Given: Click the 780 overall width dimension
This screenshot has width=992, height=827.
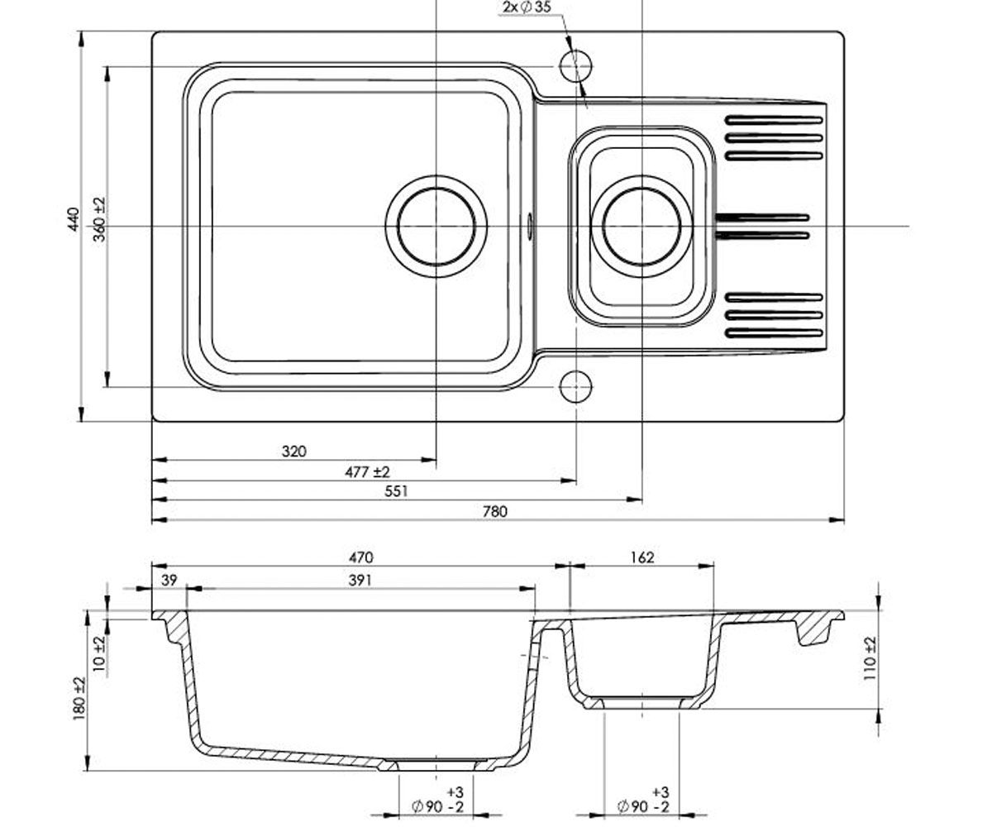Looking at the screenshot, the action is (494, 511).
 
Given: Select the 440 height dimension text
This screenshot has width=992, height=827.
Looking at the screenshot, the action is (74, 219).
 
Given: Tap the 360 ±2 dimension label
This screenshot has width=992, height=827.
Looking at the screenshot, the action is (99, 219).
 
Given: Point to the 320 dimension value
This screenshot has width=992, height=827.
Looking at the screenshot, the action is (294, 451).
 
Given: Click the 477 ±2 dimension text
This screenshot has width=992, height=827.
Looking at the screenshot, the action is (367, 472).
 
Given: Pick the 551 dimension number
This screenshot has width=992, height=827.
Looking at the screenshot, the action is (396, 491).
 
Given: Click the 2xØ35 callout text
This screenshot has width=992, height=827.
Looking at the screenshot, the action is (527, 7).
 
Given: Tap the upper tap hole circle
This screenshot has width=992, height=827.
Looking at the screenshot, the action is (576, 66).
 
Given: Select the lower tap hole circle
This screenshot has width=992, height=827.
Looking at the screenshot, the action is (576, 387).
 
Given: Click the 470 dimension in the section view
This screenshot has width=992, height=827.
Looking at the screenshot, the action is (361, 557).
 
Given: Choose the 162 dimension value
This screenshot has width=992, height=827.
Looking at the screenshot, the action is (642, 557).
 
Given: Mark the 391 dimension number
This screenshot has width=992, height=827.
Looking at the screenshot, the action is (360, 581).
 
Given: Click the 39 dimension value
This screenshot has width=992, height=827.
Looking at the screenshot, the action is (169, 581).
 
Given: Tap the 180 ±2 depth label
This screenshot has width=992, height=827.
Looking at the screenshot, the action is (79, 698).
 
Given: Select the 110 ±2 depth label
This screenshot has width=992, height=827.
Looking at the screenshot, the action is (870, 658).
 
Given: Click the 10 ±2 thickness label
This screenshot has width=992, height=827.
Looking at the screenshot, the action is (99, 653).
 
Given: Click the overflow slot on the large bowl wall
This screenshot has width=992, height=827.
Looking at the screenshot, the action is (530, 227).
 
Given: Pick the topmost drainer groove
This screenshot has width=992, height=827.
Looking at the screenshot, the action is (774, 120).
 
